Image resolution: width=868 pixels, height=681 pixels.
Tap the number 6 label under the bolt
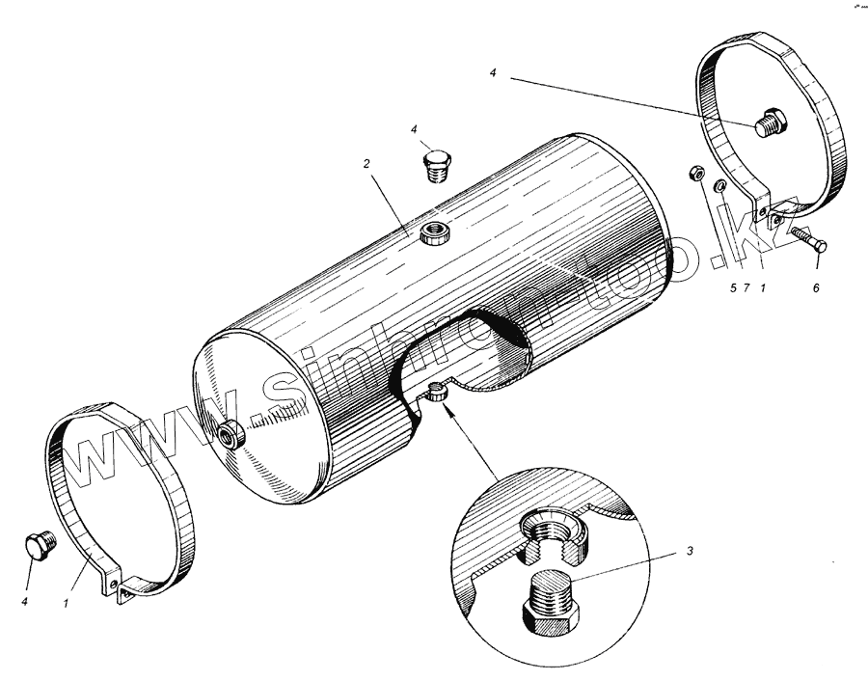point(816,287)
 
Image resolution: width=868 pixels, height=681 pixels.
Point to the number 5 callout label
point(732,287)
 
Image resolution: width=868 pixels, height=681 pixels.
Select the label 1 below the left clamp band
point(67,603)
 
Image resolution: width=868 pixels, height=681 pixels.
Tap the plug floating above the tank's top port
point(438,163)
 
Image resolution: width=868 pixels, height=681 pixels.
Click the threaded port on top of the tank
point(433,232)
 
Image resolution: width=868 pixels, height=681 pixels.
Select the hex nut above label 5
point(694,175)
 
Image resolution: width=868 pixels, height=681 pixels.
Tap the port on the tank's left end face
point(232,436)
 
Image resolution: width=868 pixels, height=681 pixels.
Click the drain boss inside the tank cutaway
point(439,393)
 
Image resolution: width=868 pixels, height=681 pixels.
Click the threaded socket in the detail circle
point(554,540)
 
